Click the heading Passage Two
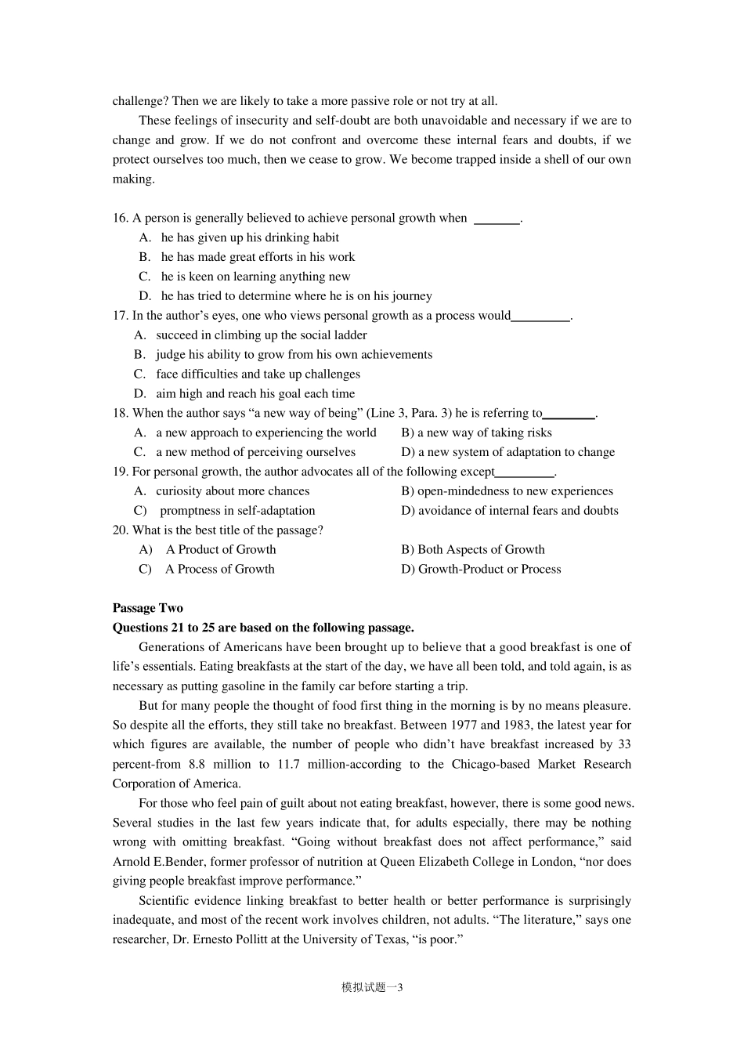point(147,608)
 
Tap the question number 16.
point(120,218)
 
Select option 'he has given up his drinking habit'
point(250,237)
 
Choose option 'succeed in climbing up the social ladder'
point(261,335)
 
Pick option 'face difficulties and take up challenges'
point(258,375)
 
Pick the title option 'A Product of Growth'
point(220,550)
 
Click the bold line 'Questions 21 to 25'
point(263,628)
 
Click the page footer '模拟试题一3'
point(372,988)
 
